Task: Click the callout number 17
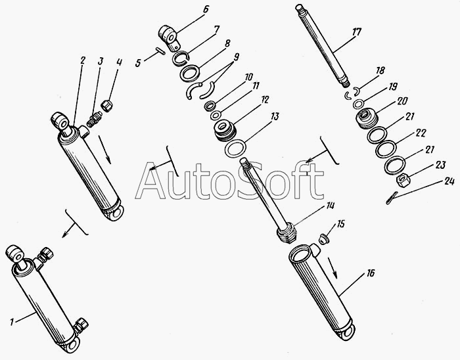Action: click(x=356, y=32)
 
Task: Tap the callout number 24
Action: click(x=449, y=181)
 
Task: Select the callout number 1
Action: click(x=11, y=323)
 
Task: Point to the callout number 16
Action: click(x=371, y=273)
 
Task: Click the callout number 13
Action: click(x=275, y=117)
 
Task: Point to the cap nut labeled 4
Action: click(x=106, y=105)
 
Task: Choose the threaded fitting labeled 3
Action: click(x=95, y=119)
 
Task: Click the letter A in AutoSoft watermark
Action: click(x=150, y=181)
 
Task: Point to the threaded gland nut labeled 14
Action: click(x=287, y=233)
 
